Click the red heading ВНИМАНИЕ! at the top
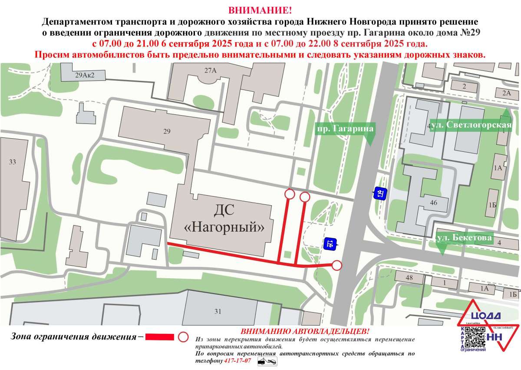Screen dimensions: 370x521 pyautogui.click(x=260, y=10)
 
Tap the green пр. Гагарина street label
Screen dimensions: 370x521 pyautogui.click(x=344, y=129)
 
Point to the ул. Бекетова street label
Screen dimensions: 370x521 pyautogui.click(x=464, y=238)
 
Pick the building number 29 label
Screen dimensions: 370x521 pyautogui.click(x=167, y=132)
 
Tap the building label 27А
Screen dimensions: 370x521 pyautogui.click(x=211, y=70)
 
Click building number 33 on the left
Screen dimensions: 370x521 pyautogui.click(x=12, y=162)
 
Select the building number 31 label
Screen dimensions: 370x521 pyautogui.click(x=218, y=311)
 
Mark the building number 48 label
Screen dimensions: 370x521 pyautogui.click(x=409, y=277)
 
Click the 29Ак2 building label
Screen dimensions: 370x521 pyautogui.click(x=85, y=75)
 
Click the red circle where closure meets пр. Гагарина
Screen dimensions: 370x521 pyautogui.click(x=337, y=265)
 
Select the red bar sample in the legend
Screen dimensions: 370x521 pyautogui.click(x=159, y=337)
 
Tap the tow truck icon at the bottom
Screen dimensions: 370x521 pyautogui.click(x=267, y=361)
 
